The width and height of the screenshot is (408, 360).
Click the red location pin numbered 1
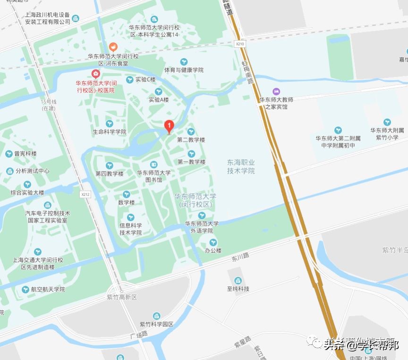pos(169,126)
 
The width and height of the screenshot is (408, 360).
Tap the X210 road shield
pos(240,43)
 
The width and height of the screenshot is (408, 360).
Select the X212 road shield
pos(85,194)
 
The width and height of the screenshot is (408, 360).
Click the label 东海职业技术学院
pos(241,166)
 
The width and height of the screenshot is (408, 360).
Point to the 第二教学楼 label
pos(191,140)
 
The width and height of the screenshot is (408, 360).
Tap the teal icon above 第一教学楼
pos(191,154)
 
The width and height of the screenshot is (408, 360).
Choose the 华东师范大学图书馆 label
pos(153,176)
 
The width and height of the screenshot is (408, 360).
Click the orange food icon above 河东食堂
pos(113,47)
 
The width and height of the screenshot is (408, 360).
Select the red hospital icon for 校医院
pos(95,74)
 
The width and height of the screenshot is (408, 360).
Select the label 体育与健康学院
pos(184,70)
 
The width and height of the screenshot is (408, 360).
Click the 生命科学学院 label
pos(110,132)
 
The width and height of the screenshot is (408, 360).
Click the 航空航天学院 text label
pos(48,289)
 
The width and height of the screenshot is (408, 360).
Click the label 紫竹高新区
pos(121,297)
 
